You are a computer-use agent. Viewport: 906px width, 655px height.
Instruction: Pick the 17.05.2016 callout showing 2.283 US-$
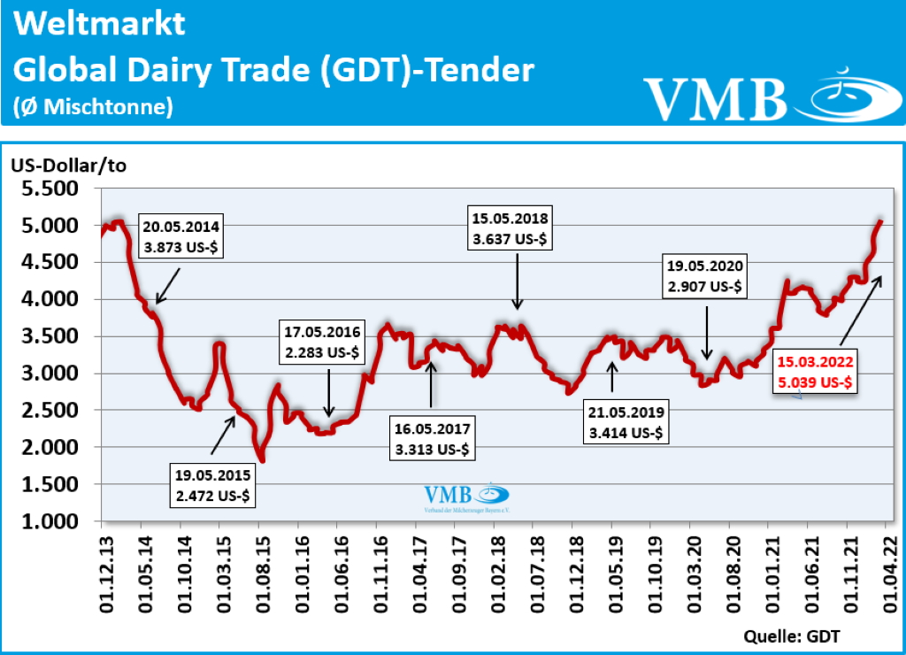click(x=323, y=343)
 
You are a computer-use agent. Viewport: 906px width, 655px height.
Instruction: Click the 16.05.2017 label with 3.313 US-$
click(x=434, y=439)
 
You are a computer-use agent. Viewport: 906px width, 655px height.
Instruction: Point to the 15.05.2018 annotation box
click(x=512, y=228)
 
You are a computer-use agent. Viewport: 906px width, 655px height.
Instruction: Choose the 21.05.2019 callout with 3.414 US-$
click(x=627, y=423)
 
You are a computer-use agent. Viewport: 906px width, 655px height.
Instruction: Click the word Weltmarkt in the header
click(x=100, y=24)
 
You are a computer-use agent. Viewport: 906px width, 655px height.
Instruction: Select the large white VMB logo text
click(x=715, y=98)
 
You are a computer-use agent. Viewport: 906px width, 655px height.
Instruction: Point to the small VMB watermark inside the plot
click(x=467, y=498)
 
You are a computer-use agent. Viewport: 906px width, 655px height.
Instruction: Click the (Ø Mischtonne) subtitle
click(x=93, y=107)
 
